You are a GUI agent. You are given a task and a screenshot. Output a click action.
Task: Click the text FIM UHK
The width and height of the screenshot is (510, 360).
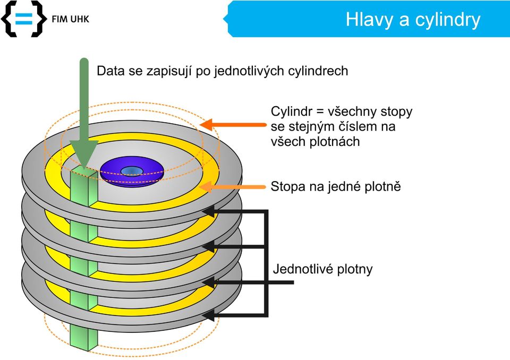click(70, 19)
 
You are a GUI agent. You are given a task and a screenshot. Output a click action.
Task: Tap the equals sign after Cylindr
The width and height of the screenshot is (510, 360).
click(320, 112)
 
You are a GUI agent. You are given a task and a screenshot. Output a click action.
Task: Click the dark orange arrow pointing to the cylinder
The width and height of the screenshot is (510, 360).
click(233, 125)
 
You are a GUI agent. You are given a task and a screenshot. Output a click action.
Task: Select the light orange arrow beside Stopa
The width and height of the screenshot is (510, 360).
click(233, 187)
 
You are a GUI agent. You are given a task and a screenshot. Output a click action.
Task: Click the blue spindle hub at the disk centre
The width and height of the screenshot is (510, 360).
click(132, 170)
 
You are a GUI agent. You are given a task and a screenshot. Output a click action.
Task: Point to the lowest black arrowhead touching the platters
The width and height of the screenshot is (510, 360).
click(209, 315)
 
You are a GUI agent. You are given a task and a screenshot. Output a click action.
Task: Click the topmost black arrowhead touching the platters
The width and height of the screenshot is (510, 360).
click(209, 211)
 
